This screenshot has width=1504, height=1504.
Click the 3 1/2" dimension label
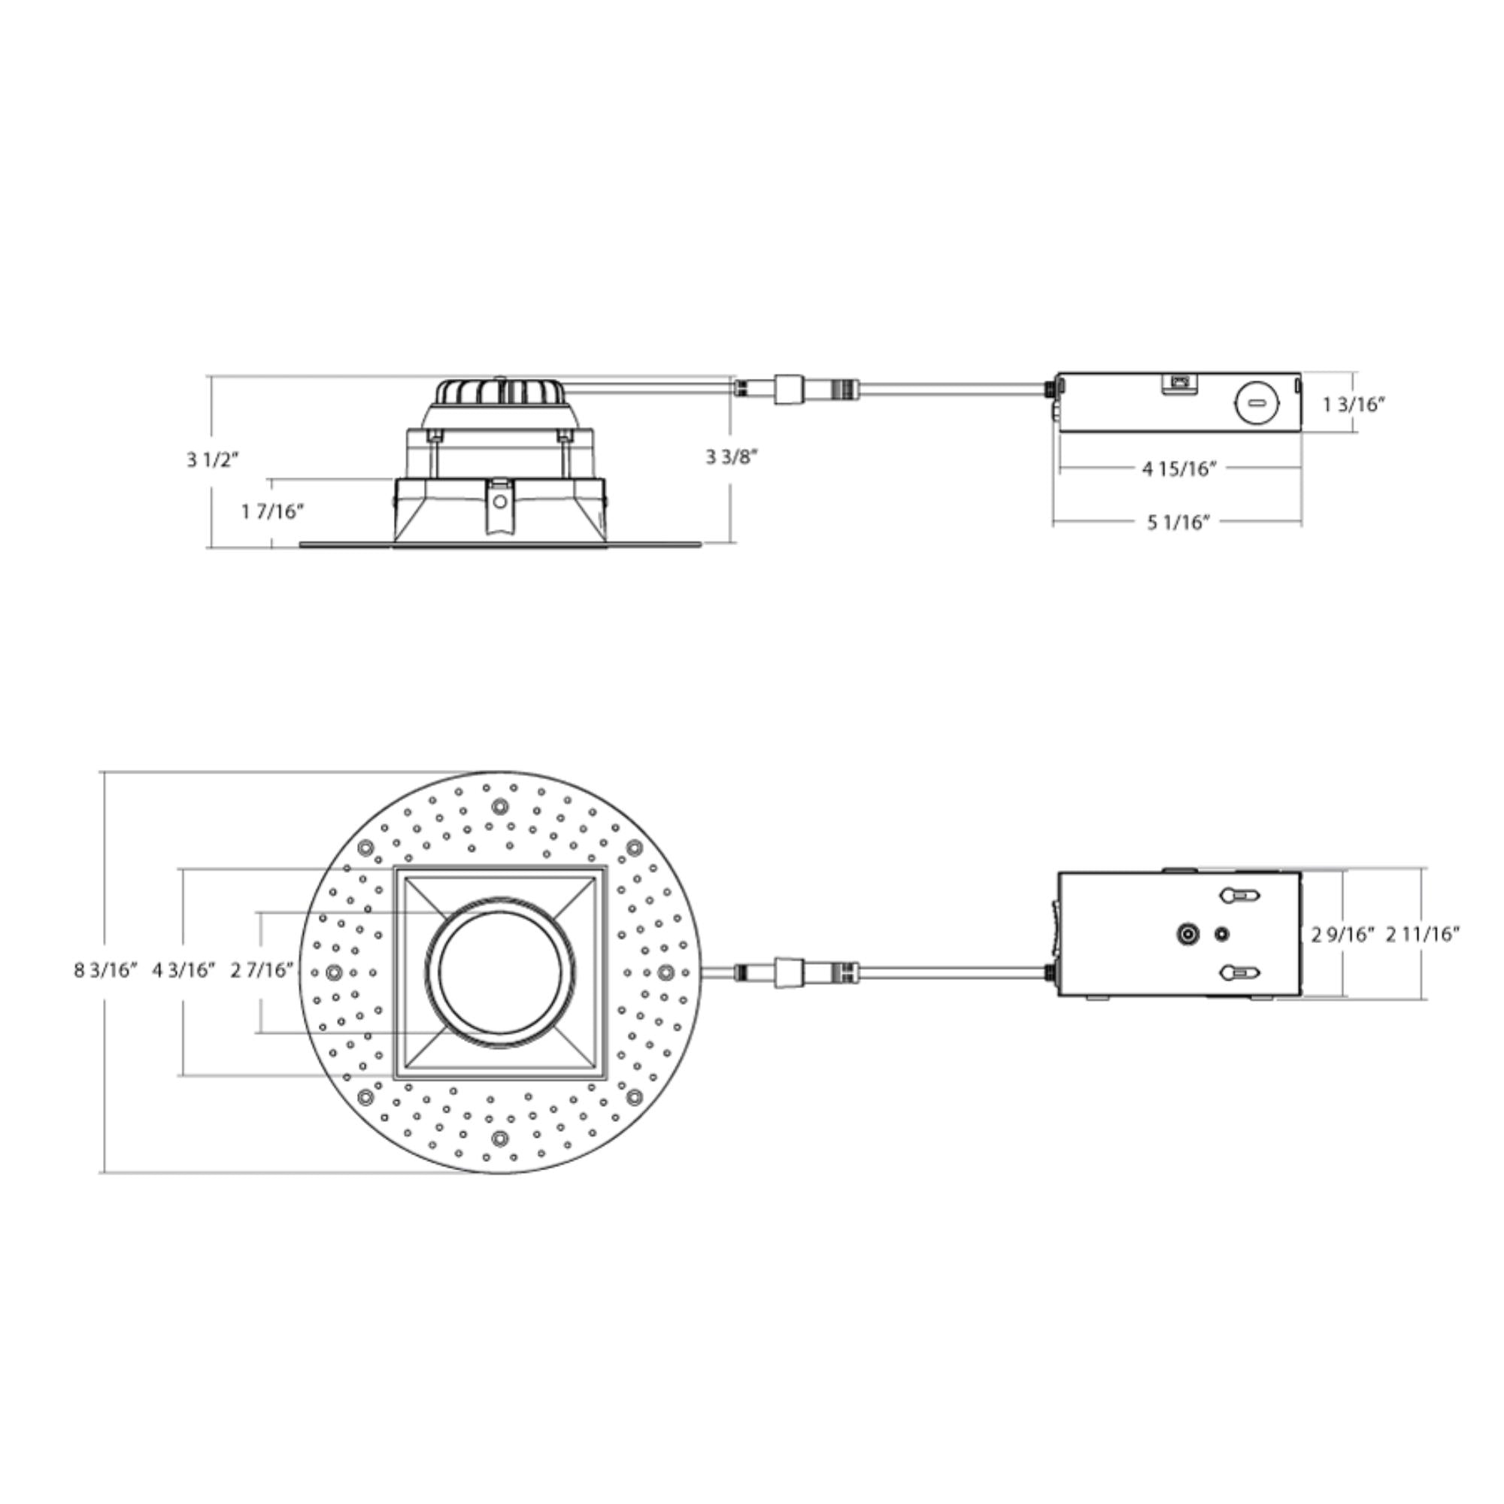[213, 459]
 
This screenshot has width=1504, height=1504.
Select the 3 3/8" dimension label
[732, 457]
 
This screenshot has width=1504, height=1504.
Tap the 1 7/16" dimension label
[272, 511]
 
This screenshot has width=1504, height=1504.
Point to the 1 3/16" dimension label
[1355, 404]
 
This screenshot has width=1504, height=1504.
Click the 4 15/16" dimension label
[1179, 468]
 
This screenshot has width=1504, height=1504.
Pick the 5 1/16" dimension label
[1179, 522]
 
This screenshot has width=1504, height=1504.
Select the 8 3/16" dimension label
[106, 970]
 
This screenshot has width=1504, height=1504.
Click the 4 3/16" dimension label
[183, 970]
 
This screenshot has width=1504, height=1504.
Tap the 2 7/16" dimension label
[262, 970]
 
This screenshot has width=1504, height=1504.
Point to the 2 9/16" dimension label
[1344, 934]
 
